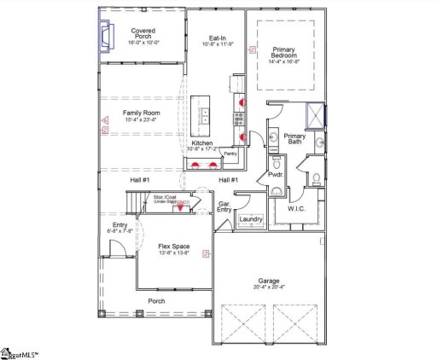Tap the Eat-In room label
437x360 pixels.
click(x=217, y=38)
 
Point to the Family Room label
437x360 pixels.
click(x=143, y=113)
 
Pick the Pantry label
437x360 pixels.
click(x=230, y=154)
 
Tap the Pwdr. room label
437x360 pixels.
click(x=276, y=174)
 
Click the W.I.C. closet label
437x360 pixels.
click(x=297, y=207)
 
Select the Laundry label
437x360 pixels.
click(x=250, y=219)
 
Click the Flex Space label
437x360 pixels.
click(x=173, y=247)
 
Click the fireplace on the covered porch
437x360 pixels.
click(x=107, y=37)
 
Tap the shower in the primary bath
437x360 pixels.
click(x=314, y=113)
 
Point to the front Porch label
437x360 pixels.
click(x=156, y=300)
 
